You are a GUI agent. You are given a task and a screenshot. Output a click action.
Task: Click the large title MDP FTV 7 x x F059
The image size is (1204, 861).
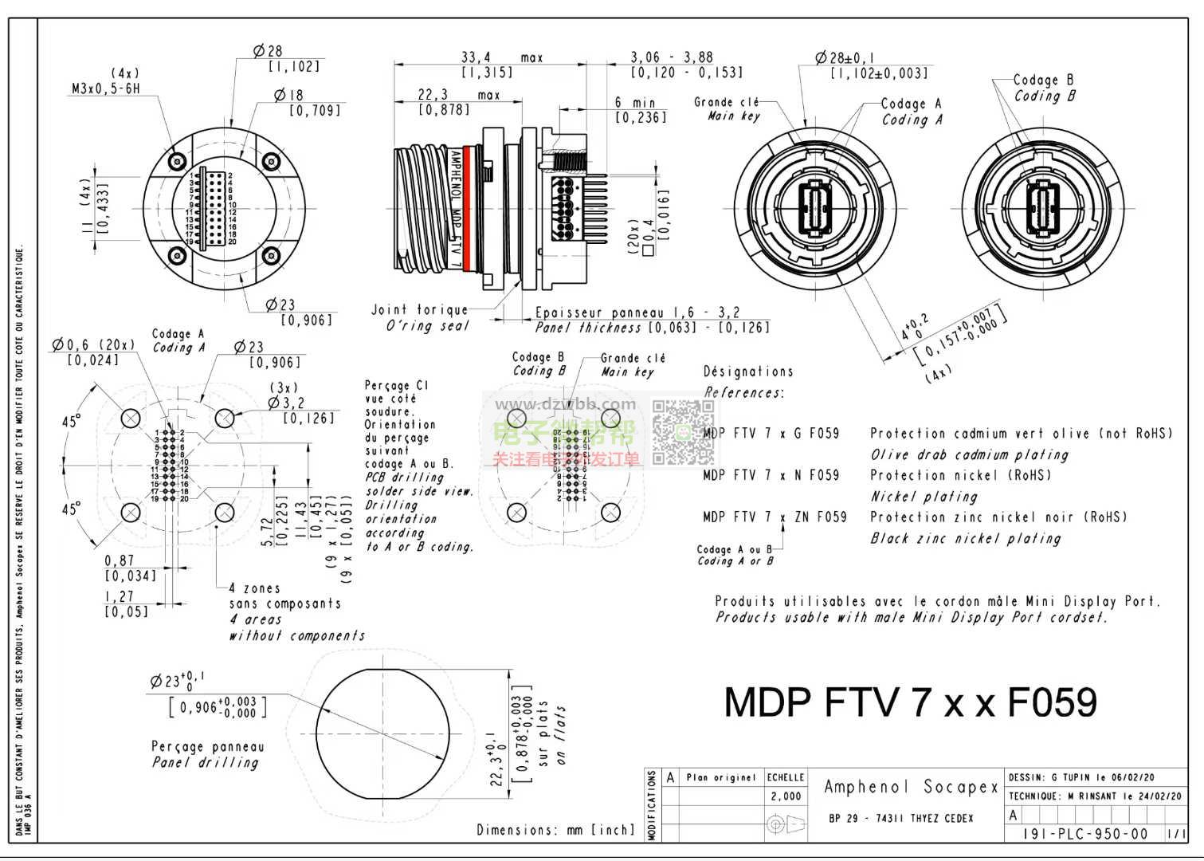(x=910, y=702)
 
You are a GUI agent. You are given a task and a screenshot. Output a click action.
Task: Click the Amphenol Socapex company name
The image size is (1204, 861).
(x=911, y=787)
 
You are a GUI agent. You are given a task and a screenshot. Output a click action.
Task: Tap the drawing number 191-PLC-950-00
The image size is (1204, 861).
(x=1085, y=834)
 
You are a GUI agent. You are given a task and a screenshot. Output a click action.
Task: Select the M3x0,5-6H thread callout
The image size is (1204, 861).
(x=105, y=88)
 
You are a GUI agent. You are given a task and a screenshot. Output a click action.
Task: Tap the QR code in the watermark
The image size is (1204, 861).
(x=684, y=432)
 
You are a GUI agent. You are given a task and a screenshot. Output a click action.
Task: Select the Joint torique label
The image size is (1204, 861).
(x=419, y=309)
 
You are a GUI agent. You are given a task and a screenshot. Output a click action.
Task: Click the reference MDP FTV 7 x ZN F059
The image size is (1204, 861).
(x=775, y=517)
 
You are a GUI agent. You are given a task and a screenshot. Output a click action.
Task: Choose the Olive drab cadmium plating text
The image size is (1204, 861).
(x=969, y=454)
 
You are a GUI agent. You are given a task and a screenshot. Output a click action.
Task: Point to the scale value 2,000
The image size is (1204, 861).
(x=786, y=796)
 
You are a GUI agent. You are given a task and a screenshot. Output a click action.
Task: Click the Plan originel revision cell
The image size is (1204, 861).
(x=721, y=777)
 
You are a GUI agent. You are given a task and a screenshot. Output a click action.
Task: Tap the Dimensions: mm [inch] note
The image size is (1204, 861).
(x=555, y=830)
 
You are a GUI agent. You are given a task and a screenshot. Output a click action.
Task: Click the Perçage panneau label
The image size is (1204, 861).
(x=207, y=747)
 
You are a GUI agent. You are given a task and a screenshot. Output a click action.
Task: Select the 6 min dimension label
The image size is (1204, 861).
(x=634, y=102)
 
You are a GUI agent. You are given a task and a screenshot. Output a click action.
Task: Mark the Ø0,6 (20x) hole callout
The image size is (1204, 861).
(x=93, y=344)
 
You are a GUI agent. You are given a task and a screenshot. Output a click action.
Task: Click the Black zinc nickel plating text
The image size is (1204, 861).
(x=965, y=538)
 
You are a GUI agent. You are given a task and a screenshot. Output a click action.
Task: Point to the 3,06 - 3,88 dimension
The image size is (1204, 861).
(x=672, y=57)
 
